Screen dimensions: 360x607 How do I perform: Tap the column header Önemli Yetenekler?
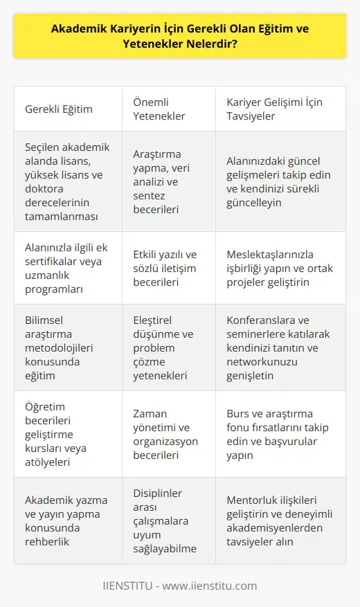click(159, 109)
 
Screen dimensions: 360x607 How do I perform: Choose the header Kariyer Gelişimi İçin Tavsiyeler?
click(276, 109)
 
